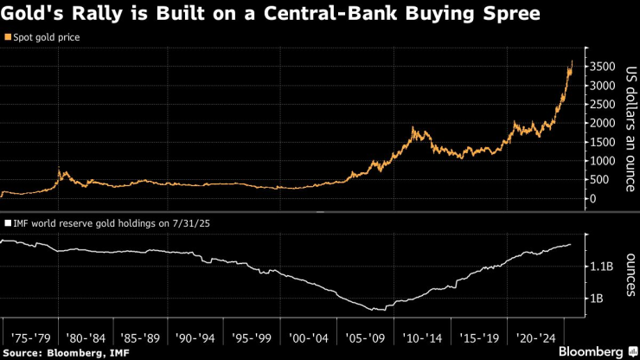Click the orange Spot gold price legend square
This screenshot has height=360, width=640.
[x=8, y=38]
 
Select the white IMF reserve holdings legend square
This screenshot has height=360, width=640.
[x=8, y=222]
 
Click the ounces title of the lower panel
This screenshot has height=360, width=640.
[x=630, y=274]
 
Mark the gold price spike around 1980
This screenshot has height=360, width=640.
[x=58, y=169]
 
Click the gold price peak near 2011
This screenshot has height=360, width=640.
[x=414, y=128]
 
